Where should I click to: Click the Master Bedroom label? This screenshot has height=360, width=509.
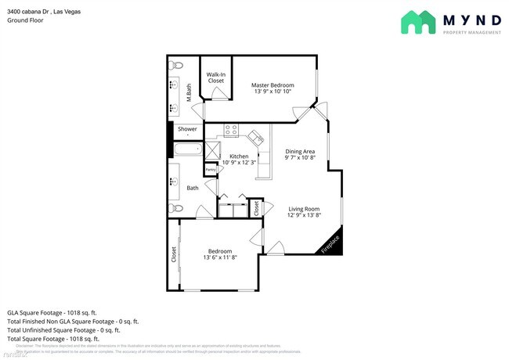[273, 85]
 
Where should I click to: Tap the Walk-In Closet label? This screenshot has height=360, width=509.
[215, 77]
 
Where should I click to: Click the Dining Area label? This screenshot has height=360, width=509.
[299, 151]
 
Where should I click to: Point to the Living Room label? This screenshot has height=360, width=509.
[304, 208]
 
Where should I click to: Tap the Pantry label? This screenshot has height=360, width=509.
[210, 169]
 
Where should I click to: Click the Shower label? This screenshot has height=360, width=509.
[187, 129]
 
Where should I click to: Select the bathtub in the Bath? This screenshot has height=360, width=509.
[188, 150]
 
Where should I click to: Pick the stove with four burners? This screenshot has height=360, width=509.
[232, 130]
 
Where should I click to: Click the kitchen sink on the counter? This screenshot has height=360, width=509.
[255, 138]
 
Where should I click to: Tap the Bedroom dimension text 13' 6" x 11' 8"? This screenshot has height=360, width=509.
[220, 257]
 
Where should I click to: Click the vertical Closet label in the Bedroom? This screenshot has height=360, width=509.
[174, 254]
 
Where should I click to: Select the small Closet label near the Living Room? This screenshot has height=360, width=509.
[254, 208]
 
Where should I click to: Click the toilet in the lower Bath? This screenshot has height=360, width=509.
[176, 208]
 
